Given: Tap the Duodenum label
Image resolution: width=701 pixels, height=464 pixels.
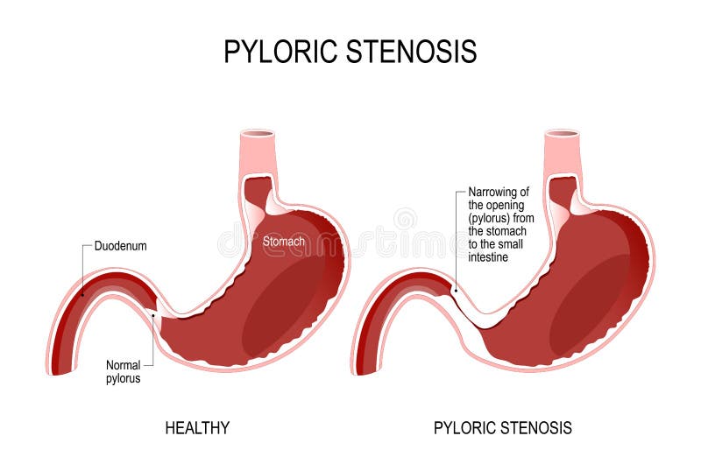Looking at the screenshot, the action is (120, 247).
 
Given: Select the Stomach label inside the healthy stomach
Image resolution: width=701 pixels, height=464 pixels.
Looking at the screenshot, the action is (284, 240).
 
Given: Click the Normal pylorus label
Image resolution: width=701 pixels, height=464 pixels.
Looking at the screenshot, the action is (123, 372).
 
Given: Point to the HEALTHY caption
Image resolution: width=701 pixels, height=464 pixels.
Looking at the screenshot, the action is (197, 428).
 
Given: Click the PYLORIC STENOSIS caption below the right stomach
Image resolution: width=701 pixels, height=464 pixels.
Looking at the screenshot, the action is (503, 428).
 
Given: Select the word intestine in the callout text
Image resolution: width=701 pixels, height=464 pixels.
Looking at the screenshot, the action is (489, 257).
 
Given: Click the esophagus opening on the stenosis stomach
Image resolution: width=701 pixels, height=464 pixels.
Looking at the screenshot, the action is (562, 135).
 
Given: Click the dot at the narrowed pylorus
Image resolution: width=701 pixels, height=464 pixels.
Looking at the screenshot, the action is (455, 291).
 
